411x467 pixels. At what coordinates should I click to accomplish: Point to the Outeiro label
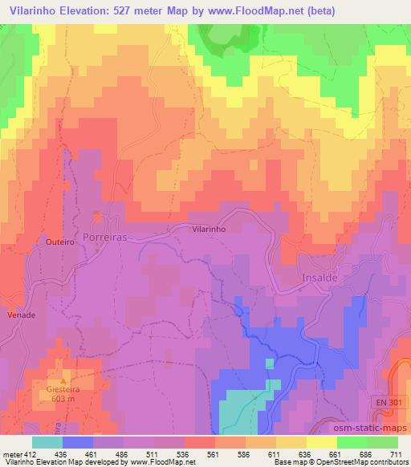[x=60, y=241]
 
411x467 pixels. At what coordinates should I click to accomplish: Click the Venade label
[x=22, y=315]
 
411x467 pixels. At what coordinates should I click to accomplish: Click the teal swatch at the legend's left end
[x=47, y=442]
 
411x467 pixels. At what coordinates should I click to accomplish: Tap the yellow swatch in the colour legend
[x=321, y=442]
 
